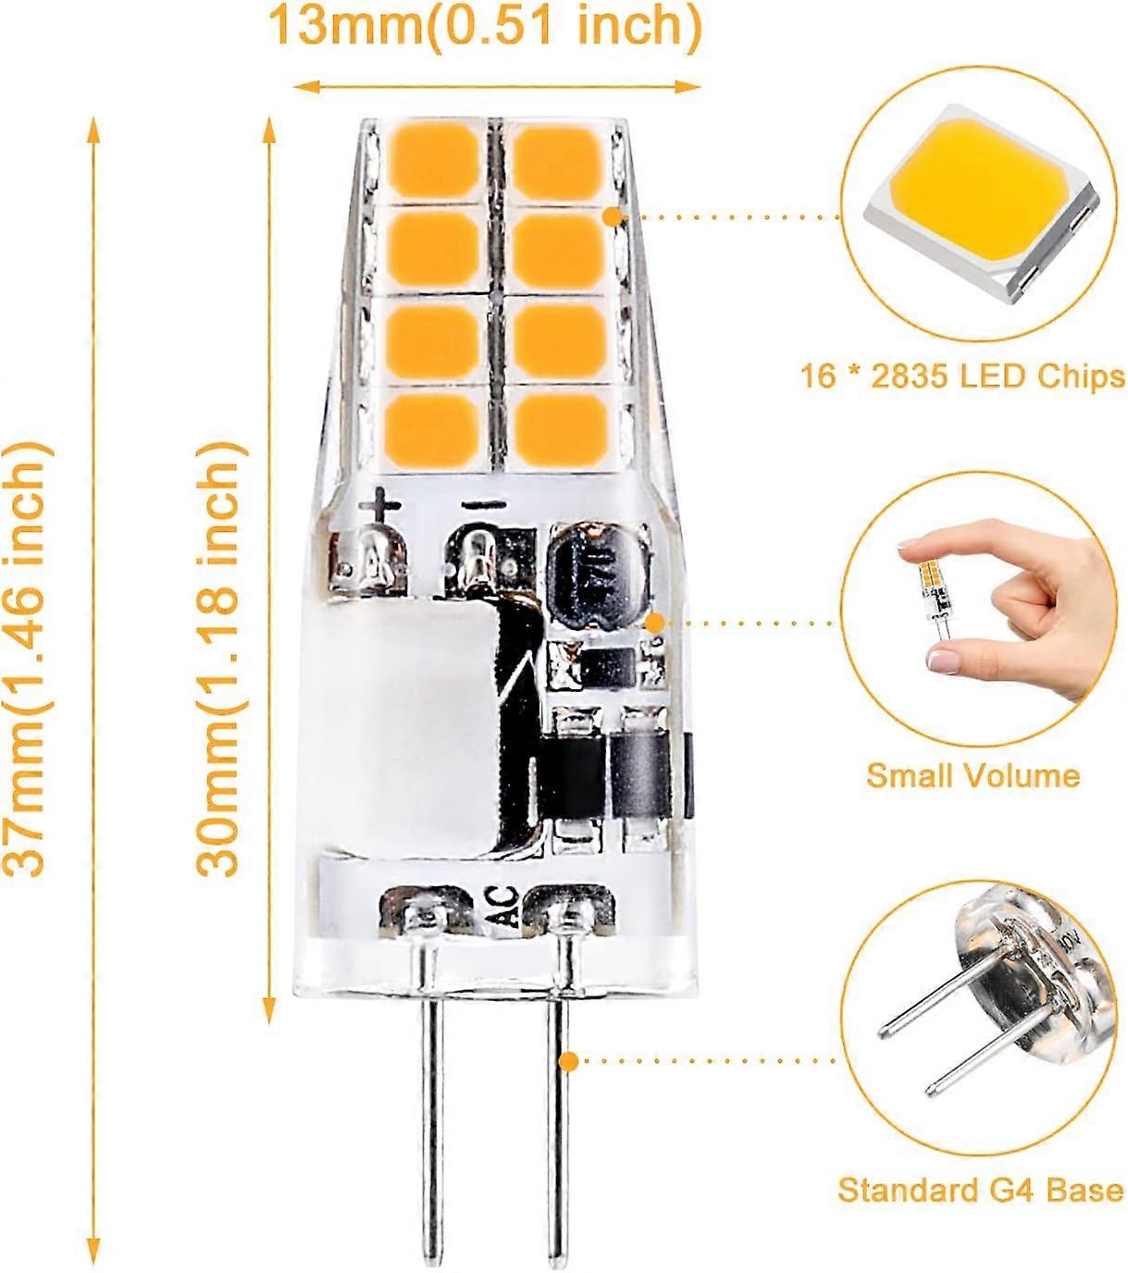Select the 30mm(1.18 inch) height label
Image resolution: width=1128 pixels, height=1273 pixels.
coord(222,659)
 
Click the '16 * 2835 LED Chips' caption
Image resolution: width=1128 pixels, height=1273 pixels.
coord(962,376)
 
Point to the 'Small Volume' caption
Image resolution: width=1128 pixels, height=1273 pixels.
coord(973,774)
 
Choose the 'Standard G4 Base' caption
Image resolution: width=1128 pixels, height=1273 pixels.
coord(980,1190)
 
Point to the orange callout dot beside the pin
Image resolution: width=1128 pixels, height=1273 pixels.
coord(571,1061)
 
